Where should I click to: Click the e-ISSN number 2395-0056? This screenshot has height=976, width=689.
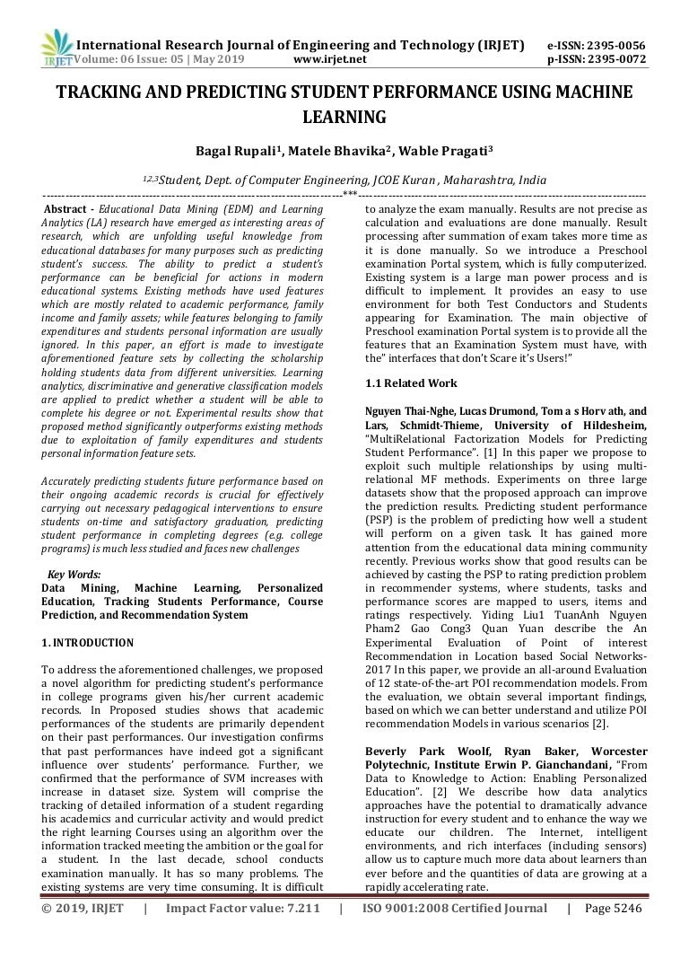[615, 46]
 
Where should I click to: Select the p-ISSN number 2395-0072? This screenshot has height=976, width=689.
[615, 60]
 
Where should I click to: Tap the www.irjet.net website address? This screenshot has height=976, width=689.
[330, 60]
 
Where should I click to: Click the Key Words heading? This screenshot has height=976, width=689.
[74, 575]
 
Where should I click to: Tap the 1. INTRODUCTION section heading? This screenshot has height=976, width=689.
[87, 643]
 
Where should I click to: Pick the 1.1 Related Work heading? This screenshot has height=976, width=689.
[411, 383]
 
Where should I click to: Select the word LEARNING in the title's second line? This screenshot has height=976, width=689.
[344, 117]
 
